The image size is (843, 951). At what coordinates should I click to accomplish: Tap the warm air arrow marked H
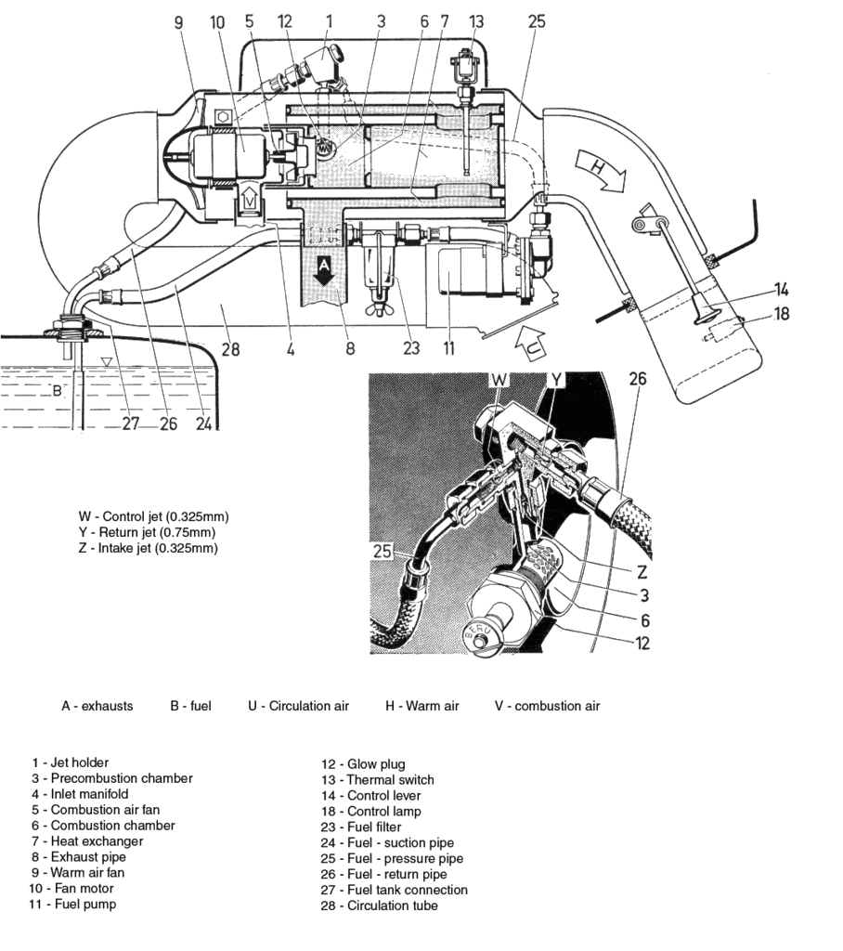pyautogui.click(x=600, y=171)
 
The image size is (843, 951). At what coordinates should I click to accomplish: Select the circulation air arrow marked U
pyautogui.click(x=534, y=346)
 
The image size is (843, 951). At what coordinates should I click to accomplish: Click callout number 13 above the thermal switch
pyautogui.click(x=476, y=20)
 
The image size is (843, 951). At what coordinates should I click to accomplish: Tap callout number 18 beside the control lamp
pyautogui.click(x=781, y=314)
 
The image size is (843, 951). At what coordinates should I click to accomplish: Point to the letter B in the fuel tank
pyautogui.click(x=57, y=391)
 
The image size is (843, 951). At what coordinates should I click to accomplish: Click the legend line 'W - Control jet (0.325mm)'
pyautogui.click(x=153, y=515)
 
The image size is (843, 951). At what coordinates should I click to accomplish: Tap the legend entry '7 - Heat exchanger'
pyautogui.click(x=84, y=841)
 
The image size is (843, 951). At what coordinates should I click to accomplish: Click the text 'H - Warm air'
pyautogui.click(x=422, y=706)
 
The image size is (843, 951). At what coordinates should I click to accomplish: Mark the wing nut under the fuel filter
pyautogui.click(x=382, y=306)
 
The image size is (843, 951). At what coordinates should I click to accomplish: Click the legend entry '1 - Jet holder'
pyautogui.click(x=70, y=762)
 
